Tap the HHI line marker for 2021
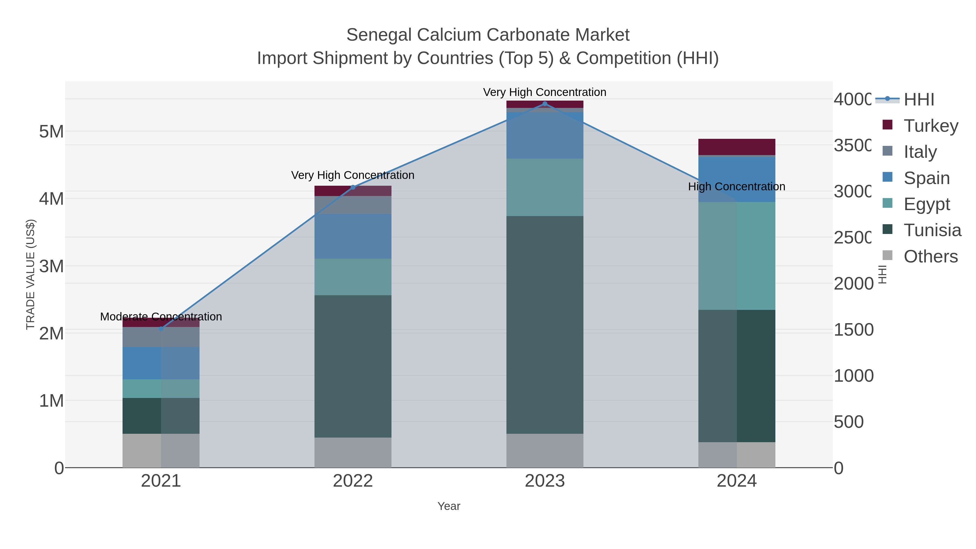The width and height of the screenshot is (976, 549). click(x=161, y=329)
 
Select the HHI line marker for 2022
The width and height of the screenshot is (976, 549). click(x=353, y=187)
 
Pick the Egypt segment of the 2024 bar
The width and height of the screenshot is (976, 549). click(x=737, y=256)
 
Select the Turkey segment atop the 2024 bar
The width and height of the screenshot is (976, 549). click(x=737, y=147)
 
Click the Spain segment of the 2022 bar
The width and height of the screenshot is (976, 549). click(x=353, y=236)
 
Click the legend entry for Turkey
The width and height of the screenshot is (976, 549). click(x=930, y=126)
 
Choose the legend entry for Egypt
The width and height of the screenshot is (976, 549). click(x=926, y=204)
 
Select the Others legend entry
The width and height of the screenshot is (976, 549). click(x=930, y=256)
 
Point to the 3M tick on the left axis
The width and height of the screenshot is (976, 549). click(x=52, y=266)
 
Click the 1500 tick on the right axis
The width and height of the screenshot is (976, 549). click(x=853, y=330)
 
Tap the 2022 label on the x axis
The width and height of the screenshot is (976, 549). click(x=353, y=481)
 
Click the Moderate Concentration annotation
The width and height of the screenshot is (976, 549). click(x=161, y=316)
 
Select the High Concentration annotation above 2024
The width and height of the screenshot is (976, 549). click(x=737, y=187)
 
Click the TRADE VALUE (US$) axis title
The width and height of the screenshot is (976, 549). click(x=30, y=274)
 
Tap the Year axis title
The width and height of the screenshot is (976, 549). click(x=449, y=506)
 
